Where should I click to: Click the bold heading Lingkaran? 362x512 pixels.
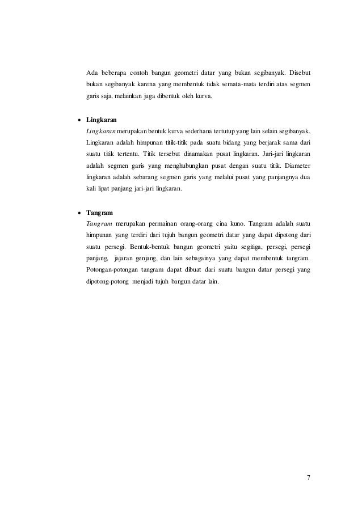point(97,120)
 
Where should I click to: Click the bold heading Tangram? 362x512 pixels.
point(96,213)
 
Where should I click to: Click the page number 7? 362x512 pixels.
point(308,476)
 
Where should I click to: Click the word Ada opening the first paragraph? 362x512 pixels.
point(91,73)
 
